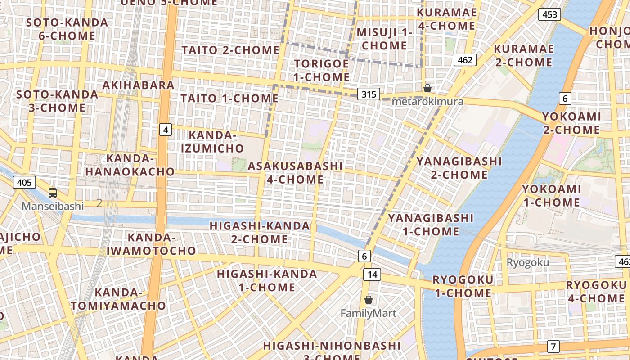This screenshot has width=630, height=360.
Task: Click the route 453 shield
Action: pyautogui.click(x=549, y=14)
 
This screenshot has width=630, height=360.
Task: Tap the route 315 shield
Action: pyautogui.click(x=369, y=94)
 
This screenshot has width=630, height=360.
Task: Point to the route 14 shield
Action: pyautogui.click(x=372, y=274)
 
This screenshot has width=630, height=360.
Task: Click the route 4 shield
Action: pyautogui.click(x=166, y=130)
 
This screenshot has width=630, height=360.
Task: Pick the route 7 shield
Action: pyautogui.click(x=553, y=346)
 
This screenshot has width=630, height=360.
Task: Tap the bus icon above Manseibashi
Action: pyautogui.click(x=53, y=193)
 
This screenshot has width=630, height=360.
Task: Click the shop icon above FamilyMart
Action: pyautogui.click(x=369, y=300)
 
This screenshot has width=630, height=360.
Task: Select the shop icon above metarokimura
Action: pyautogui.click(x=427, y=88)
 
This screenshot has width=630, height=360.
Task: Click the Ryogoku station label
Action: pyautogui.click(x=528, y=262)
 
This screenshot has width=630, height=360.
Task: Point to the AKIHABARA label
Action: pyautogui.click(x=138, y=85)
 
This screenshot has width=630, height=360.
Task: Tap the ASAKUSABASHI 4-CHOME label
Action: pyautogui.click(x=295, y=172)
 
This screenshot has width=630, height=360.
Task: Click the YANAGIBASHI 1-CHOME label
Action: pyautogui.click(x=431, y=225)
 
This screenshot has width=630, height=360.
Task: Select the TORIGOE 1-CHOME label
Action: pyautogui.click(x=321, y=70)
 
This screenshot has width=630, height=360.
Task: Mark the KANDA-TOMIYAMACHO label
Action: pyautogui.click(x=118, y=299)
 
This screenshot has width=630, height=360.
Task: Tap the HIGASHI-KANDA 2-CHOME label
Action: pyautogui.click(x=260, y=232)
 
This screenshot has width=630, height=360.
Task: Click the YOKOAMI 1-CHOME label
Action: pyautogui.click(x=551, y=196)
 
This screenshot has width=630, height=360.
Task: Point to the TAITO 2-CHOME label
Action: pyautogui.click(x=230, y=50)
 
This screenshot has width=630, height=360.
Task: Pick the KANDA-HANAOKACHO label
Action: pyautogui.click(x=130, y=165)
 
